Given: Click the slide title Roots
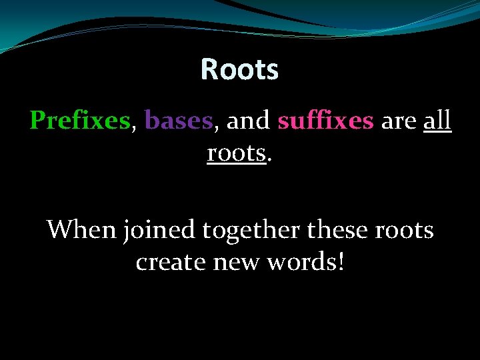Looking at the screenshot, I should pyautogui.click(x=239, y=69).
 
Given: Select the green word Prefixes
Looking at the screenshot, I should pyautogui.click(x=79, y=121).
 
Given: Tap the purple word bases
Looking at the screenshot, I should pyautogui.click(x=178, y=121).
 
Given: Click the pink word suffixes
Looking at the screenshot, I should pyautogui.click(x=325, y=121).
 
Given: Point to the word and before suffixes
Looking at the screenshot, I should pyautogui.click(x=247, y=121).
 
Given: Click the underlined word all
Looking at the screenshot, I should pyautogui.click(x=437, y=121).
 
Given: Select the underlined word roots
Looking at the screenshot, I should pyautogui.click(x=236, y=153).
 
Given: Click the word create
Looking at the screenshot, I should pyautogui.click(x=171, y=263).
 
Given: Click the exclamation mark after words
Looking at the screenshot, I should pyautogui.click(x=341, y=262).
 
